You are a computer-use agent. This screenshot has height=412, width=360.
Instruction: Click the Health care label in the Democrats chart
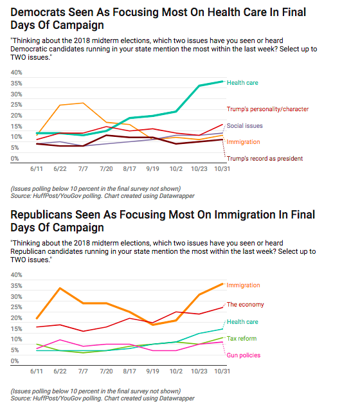pyautogui.click(x=242, y=83)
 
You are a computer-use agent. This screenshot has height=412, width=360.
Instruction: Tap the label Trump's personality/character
pyautogui.click(x=267, y=109)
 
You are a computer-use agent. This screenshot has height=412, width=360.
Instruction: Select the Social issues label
pyautogui.click(x=245, y=126)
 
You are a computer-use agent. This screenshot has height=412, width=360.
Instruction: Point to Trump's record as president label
pyautogui.click(x=265, y=159)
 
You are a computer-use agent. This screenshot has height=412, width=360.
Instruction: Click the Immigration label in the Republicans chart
pyautogui.click(x=244, y=285)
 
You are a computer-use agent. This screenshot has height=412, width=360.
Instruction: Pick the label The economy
pyautogui.click(x=245, y=305)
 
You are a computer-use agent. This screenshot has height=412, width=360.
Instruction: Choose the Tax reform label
pyautogui.click(x=242, y=339)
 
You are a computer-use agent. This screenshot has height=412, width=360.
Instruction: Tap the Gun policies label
pyautogui.click(x=244, y=355)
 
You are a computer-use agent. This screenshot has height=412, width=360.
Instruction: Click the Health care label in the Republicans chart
pyautogui.click(x=242, y=322)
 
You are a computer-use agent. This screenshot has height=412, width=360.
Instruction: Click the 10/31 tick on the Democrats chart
pyautogui.click(x=222, y=168)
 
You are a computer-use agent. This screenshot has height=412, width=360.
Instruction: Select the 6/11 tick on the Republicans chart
pyautogui.click(x=37, y=372)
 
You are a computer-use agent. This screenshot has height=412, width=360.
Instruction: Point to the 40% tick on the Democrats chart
pyautogui.click(x=16, y=73)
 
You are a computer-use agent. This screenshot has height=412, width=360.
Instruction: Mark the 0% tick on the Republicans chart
pyautogui.click(x=14, y=361)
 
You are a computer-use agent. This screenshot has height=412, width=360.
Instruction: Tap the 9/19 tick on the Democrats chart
pyautogui.click(x=152, y=168)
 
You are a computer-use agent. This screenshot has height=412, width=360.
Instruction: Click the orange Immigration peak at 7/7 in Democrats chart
pyautogui.click(x=83, y=103)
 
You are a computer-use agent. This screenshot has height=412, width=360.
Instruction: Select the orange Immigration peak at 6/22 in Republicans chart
pyautogui.click(x=60, y=288)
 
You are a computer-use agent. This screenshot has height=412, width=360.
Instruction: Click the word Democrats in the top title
pyautogui.click(x=38, y=12)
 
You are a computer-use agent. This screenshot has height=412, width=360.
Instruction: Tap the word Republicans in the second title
pyautogui.click(x=41, y=215)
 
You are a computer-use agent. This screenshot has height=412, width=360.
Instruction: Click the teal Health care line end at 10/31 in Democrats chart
pyautogui.click(x=222, y=82)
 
